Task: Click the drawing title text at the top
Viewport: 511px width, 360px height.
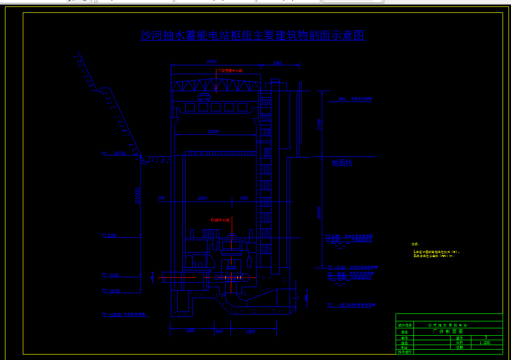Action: (x=253, y=36)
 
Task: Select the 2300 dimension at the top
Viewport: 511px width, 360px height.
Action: (x=211, y=61)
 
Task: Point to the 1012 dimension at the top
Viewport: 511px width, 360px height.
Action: (x=278, y=63)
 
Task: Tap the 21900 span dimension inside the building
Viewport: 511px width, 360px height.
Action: (x=214, y=131)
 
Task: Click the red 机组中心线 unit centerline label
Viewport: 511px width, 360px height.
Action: (x=220, y=220)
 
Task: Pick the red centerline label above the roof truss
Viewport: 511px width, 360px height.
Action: (x=230, y=71)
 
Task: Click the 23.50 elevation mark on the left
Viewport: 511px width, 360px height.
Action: (x=119, y=153)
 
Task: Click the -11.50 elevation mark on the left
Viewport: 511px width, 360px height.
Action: (x=112, y=291)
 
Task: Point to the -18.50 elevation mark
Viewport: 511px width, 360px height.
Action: (x=116, y=314)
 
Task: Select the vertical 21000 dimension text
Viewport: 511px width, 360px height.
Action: (x=138, y=195)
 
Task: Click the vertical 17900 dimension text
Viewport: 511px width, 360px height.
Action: (x=319, y=123)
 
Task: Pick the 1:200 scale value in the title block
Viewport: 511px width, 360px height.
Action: (x=485, y=342)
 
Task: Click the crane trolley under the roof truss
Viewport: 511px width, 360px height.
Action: (x=204, y=96)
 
